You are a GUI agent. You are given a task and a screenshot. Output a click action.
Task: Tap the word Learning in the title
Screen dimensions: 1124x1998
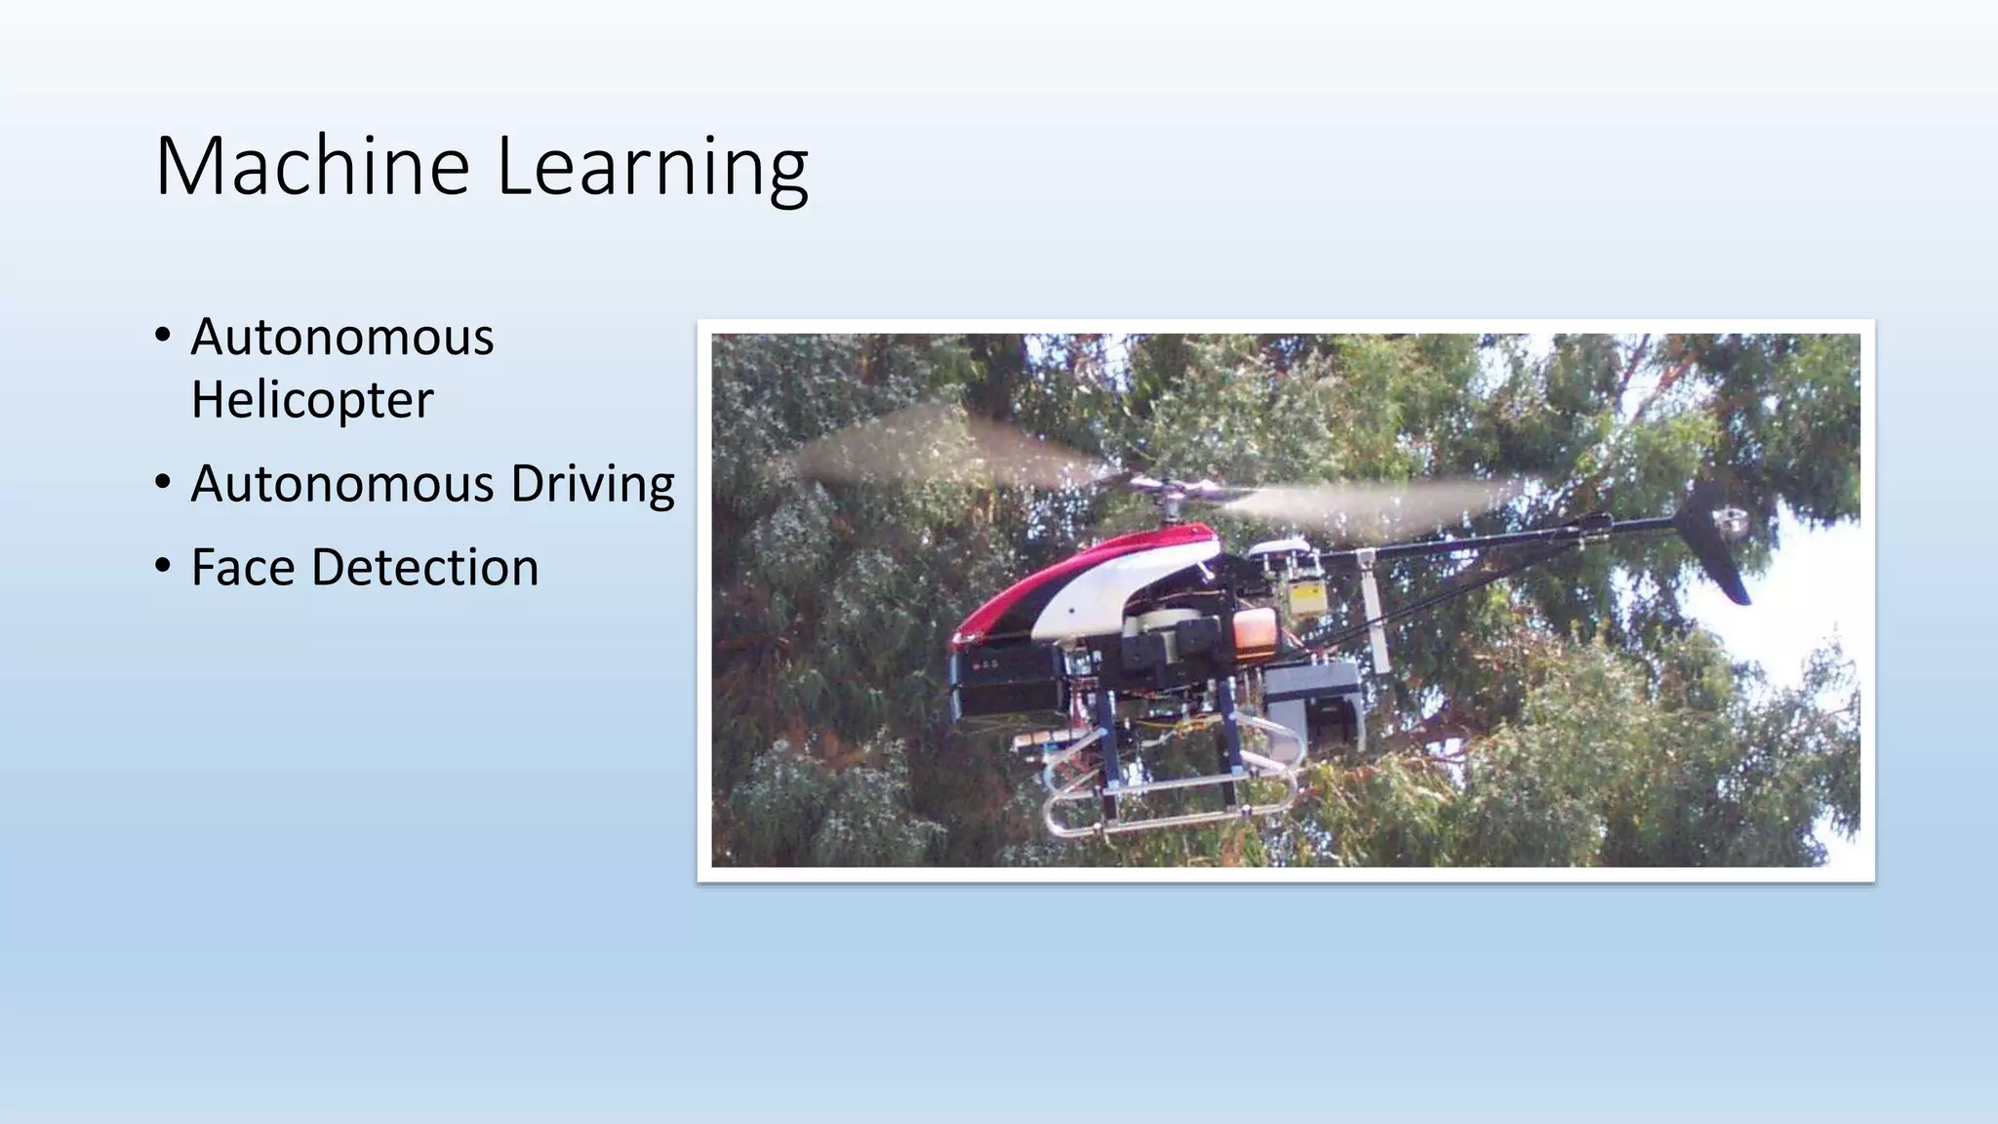tap(652, 168)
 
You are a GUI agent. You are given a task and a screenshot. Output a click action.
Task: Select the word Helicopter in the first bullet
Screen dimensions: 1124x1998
tap(312, 399)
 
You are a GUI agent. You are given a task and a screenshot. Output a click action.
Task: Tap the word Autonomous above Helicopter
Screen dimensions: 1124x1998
tap(342, 338)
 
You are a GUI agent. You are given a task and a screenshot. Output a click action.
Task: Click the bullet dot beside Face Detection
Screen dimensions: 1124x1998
tap(162, 565)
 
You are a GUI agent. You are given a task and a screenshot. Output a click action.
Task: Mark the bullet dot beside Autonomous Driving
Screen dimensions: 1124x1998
tap(162, 481)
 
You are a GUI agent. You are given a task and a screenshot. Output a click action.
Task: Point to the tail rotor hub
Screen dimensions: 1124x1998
tap(1731, 521)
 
